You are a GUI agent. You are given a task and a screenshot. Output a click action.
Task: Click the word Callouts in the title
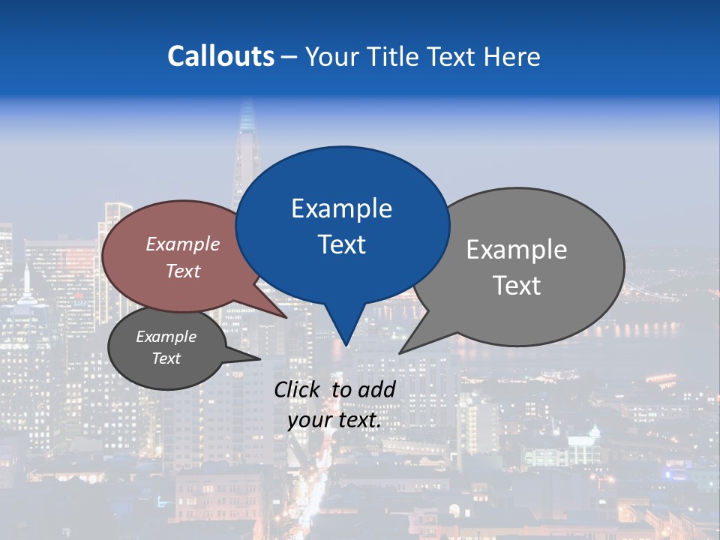pyautogui.click(x=220, y=56)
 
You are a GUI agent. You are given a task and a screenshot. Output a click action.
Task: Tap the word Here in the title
pyautogui.click(x=511, y=56)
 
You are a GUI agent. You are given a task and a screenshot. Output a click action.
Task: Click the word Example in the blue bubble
pyautogui.click(x=341, y=208)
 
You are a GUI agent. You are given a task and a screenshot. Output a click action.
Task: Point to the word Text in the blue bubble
pyautogui.click(x=341, y=244)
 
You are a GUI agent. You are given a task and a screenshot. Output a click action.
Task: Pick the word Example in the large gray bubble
pyautogui.click(x=517, y=250)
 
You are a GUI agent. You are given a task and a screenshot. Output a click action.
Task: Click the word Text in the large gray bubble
pyautogui.click(x=517, y=286)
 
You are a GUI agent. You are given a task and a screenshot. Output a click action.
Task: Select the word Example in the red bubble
pyautogui.click(x=183, y=244)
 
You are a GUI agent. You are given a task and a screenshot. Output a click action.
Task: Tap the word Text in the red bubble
pyautogui.click(x=183, y=271)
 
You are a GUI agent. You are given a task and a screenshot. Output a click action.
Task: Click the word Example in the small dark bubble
pyautogui.click(x=166, y=337)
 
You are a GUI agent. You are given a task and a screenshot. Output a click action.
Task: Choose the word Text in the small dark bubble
pyautogui.click(x=166, y=358)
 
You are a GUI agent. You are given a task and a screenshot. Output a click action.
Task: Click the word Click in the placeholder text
pyautogui.click(x=297, y=389)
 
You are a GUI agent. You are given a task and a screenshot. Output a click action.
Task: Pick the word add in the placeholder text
pyautogui.click(x=376, y=389)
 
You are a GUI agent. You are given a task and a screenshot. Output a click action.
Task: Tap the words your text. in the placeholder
pyautogui.click(x=334, y=420)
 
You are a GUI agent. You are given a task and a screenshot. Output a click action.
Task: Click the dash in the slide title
pyautogui.click(x=290, y=56)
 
